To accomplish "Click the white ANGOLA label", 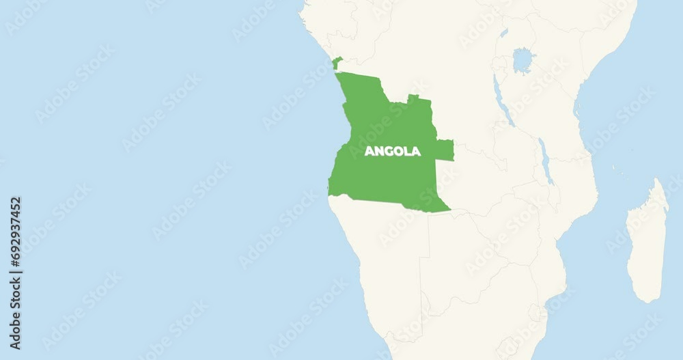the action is click(392, 151).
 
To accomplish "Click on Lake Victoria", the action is click(522, 60).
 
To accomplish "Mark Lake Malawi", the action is click(546, 161).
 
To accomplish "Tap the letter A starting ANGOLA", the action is click(369, 151).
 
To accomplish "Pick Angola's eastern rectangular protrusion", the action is click(444, 150).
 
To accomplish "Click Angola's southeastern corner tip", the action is click(449, 210).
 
